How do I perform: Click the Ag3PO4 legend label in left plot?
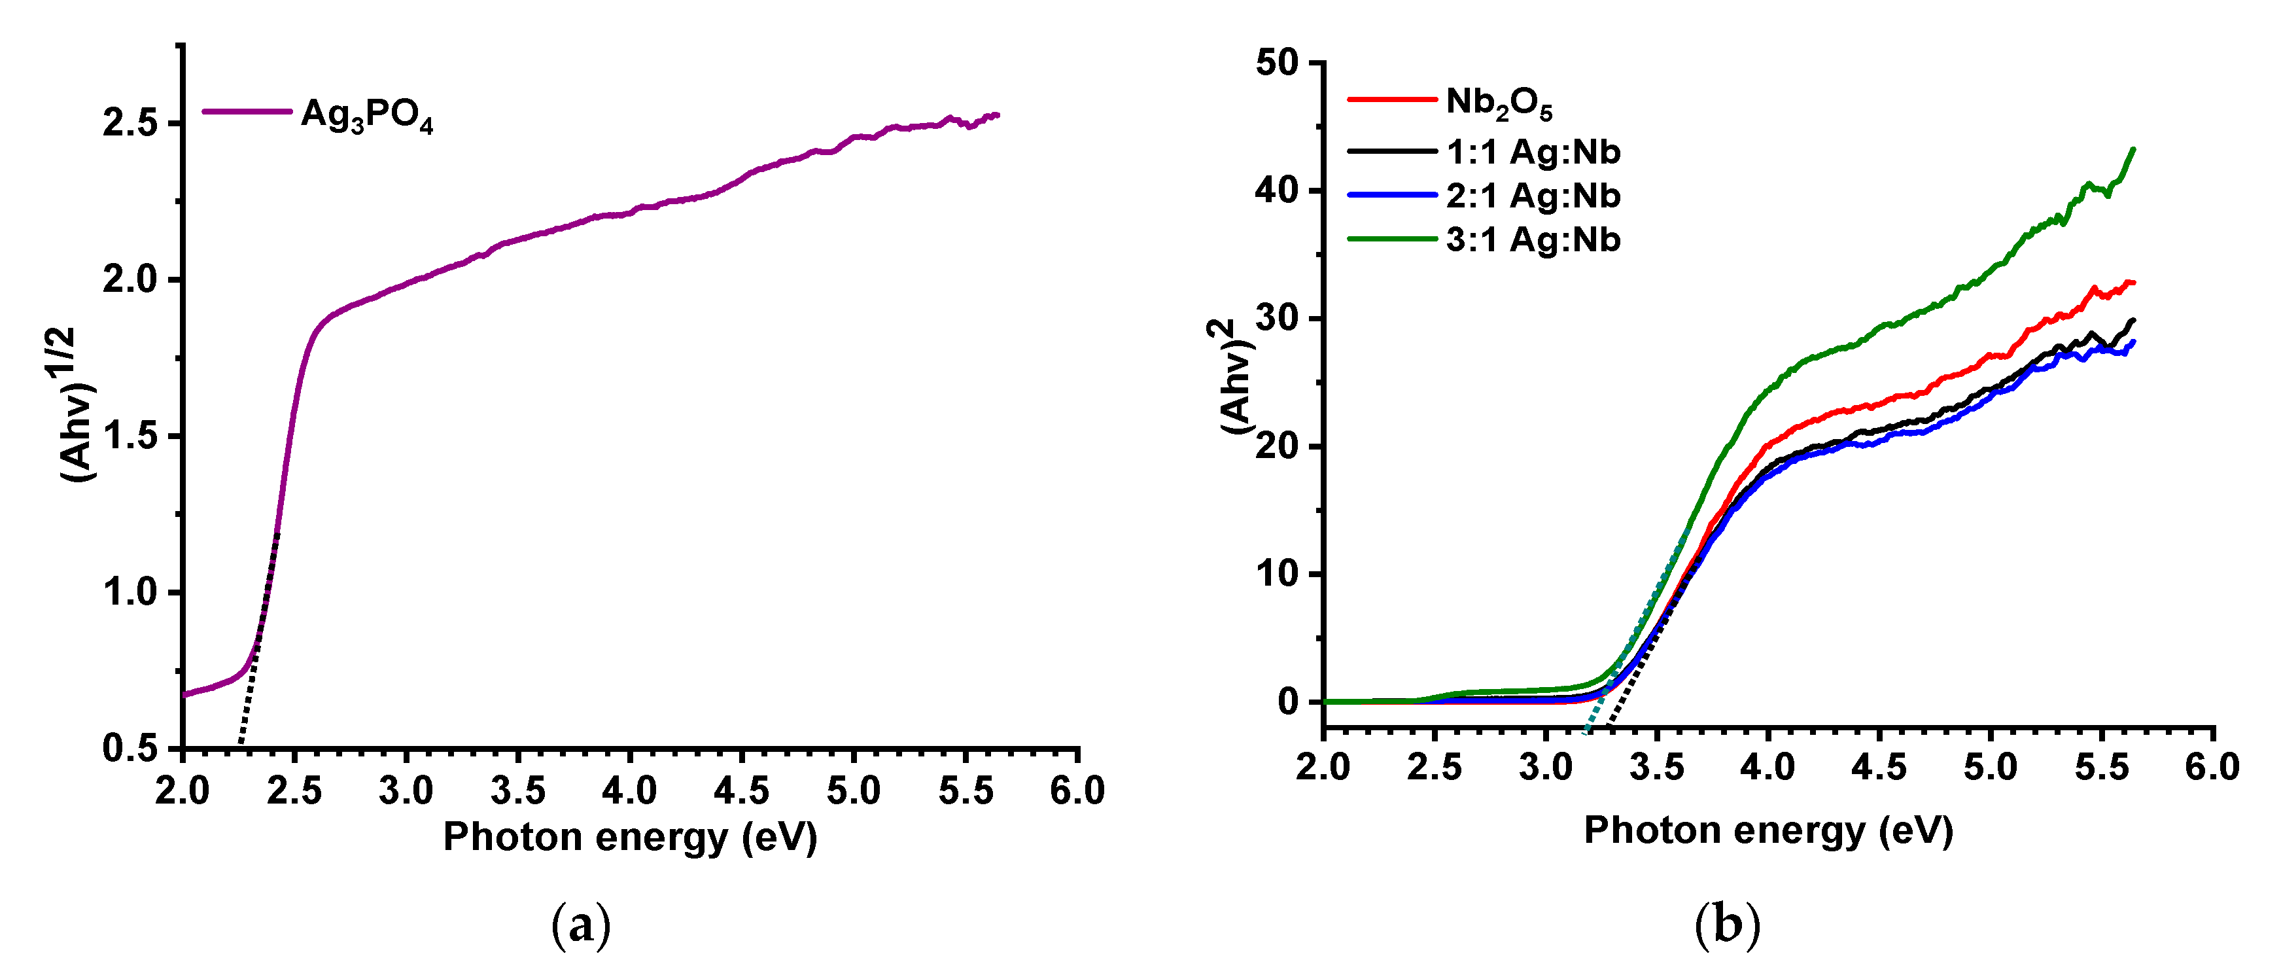[x=366, y=115]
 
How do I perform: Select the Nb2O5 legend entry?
[x=1498, y=103]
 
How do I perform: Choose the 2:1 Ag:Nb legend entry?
[x=1533, y=196]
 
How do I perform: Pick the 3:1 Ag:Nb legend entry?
[x=1533, y=239]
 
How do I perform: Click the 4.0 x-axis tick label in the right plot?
[x=1767, y=767]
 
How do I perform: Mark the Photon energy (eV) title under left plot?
[x=629, y=837]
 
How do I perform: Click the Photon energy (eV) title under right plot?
[x=1768, y=830]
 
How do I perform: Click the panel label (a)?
[x=581, y=927]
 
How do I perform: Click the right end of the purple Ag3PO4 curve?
[x=997, y=115]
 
